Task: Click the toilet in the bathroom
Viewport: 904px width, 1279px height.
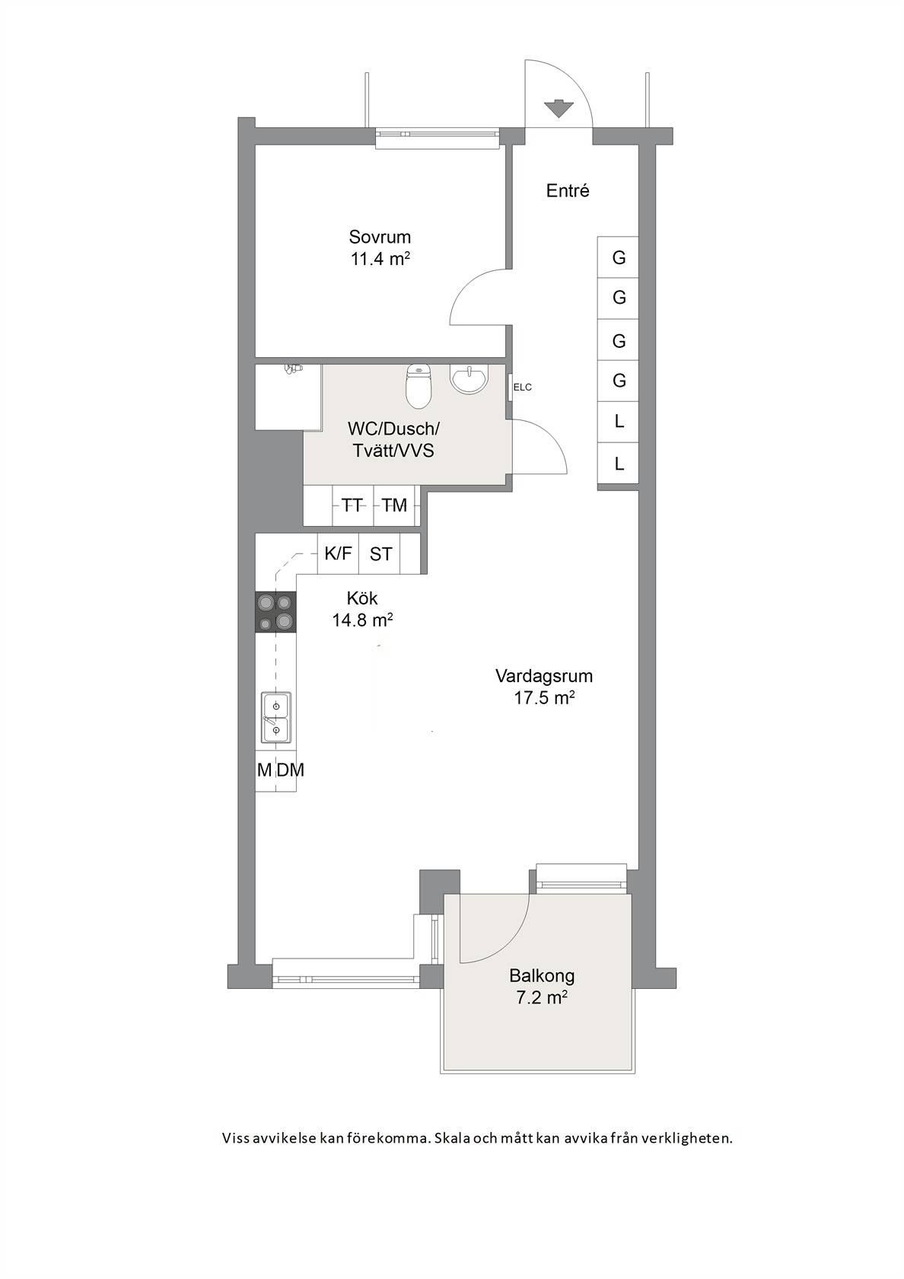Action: pyautogui.click(x=419, y=386)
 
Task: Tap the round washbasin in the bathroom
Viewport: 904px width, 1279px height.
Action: pyautogui.click(x=469, y=378)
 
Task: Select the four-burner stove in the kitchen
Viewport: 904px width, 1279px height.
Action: pyautogui.click(x=275, y=611)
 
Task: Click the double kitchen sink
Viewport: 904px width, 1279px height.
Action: pyautogui.click(x=276, y=717)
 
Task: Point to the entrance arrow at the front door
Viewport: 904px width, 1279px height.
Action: pyautogui.click(x=559, y=108)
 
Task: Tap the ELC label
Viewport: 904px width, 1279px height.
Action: pyautogui.click(x=522, y=387)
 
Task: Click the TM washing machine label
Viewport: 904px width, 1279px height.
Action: pyautogui.click(x=394, y=505)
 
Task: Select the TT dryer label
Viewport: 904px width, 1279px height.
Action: pyautogui.click(x=352, y=505)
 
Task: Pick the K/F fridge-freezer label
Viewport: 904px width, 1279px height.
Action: pyautogui.click(x=339, y=553)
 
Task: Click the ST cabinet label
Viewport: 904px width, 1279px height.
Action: pyautogui.click(x=380, y=554)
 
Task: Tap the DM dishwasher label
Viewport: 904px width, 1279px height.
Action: pyautogui.click(x=291, y=770)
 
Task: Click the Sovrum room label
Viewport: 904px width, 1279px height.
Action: pyautogui.click(x=380, y=236)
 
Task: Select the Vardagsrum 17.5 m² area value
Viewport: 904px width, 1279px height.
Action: pyautogui.click(x=544, y=697)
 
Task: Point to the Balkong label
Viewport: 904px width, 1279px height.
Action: pyautogui.click(x=542, y=975)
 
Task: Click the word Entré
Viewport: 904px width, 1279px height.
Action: pyautogui.click(x=568, y=190)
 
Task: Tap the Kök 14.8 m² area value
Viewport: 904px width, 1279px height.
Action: pyautogui.click(x=362, y=620)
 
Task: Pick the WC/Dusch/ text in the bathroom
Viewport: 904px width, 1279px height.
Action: pyautogui.click(x=393, y=428)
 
